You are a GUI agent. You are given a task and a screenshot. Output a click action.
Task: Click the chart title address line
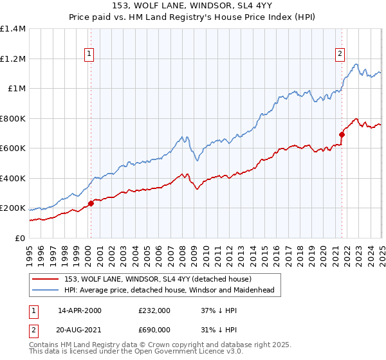point(192,6)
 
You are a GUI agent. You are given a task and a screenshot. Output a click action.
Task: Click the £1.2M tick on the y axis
point(13,59)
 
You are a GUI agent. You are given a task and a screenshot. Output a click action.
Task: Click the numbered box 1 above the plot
point(88,54)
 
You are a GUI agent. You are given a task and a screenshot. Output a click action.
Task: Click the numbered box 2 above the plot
point(339,54)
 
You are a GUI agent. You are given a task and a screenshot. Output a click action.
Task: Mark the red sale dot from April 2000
point(91,204)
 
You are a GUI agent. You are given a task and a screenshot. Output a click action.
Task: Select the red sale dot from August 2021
point(342,134)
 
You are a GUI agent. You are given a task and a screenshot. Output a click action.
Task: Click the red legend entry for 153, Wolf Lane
point(161,279)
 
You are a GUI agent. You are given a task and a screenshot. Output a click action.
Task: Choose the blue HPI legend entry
point(169,290)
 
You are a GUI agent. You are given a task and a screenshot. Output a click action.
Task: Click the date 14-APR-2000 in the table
point(80,311)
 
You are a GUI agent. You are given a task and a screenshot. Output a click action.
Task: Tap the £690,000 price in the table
point(154,329)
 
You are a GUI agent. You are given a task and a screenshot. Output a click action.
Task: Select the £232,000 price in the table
point(154,311)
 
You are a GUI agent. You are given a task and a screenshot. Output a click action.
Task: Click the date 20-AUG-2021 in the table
point(80,329)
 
